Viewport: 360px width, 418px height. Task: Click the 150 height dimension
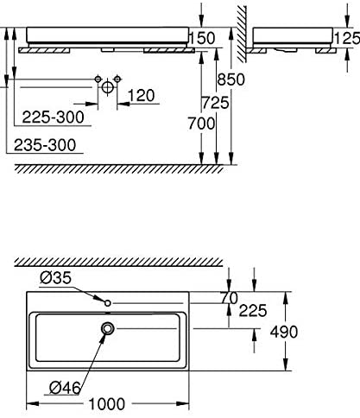202,38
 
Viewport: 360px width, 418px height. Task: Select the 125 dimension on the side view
347,38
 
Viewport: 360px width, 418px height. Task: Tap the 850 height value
231,79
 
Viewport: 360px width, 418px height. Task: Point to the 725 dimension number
215,103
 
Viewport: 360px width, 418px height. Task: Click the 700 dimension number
201,123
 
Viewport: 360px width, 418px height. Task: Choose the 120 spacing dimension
141,96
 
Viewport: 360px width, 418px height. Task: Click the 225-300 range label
54,117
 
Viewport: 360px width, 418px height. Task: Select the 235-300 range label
45,145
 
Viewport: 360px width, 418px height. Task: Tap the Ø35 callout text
55,278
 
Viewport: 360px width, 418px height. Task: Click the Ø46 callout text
65,388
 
